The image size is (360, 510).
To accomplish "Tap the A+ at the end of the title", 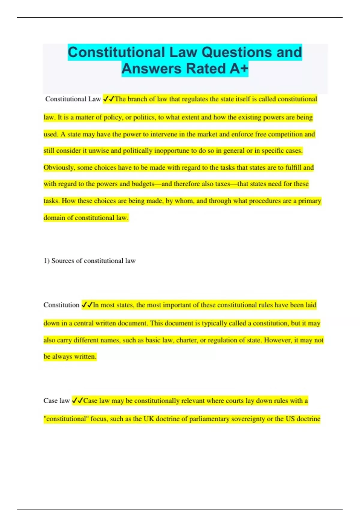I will pos(239,69).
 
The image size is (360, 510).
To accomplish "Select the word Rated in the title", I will pos(206,69).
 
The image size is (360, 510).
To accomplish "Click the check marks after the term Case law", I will pos(77,400).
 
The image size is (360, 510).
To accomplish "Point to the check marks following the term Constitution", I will pos(87,305).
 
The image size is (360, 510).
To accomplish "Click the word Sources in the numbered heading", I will pos(62,261).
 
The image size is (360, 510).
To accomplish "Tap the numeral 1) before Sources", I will pos(46,261).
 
